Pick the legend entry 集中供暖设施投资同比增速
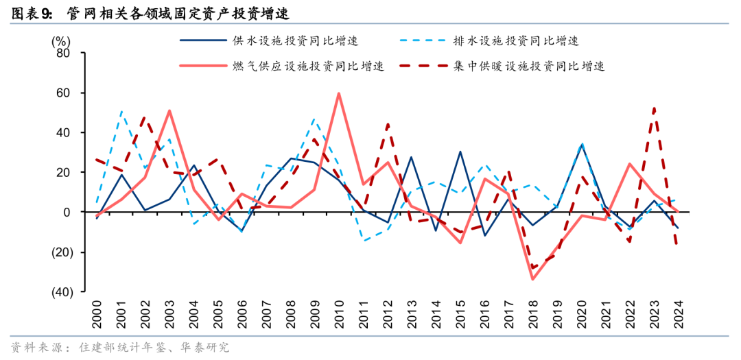(x=528, y=66)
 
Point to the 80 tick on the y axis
(x=62, y=53)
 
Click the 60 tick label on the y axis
(x=62, y=93)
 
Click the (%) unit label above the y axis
(x=61, y=39)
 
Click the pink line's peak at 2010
(x=339, y=93)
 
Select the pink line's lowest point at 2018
(x=532, y=279)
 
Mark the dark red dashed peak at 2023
(x=654, y=108)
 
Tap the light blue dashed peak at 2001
(x=121, y=110)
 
